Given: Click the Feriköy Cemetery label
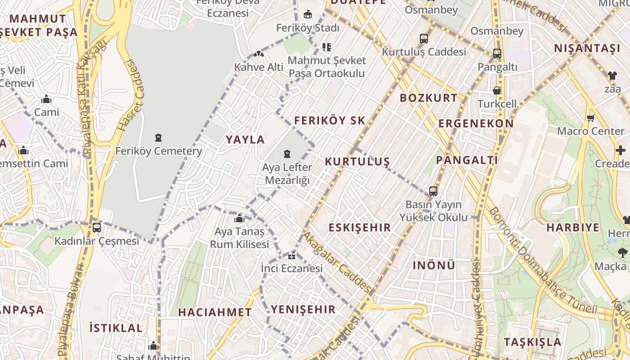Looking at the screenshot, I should pyautogui.click(x=158, y=151).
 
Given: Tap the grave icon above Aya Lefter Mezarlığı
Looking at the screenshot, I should pyautogui.click(x=287, y=154).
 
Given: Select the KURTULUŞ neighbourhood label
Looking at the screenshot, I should pyautogui.click(x=357, y=162).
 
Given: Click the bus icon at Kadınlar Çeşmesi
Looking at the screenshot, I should pyautogui.click(x=97, y=227).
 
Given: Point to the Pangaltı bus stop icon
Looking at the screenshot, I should pyautogui.click(x=497, y=54).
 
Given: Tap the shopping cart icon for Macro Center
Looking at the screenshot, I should pyautogui.click(x=590, y=118).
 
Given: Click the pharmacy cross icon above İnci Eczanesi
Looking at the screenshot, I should pyautogui.click(x=292, y=256).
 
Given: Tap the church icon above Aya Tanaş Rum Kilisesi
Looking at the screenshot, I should pyautogui.click(x=239, y=219).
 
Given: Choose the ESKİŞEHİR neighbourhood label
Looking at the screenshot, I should pyautogui.click(x=360, y=227).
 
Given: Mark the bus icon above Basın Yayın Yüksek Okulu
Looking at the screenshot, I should pyautogui.click(x=433, y=191).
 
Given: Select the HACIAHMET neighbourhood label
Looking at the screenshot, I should pyautogui.click(x=215, y=312).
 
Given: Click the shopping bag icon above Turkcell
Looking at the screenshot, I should pyautogui.click(x=497, y=90).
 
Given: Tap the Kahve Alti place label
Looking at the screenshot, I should pyautogui.click(x=259, y=67).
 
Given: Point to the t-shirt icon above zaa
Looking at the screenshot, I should pyautogui.click(x=612, y=75).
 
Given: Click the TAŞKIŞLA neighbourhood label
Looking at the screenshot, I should pyautogui.click(x=532, y=342).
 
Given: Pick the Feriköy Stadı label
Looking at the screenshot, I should pyautogui.click(x=308, y=27).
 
